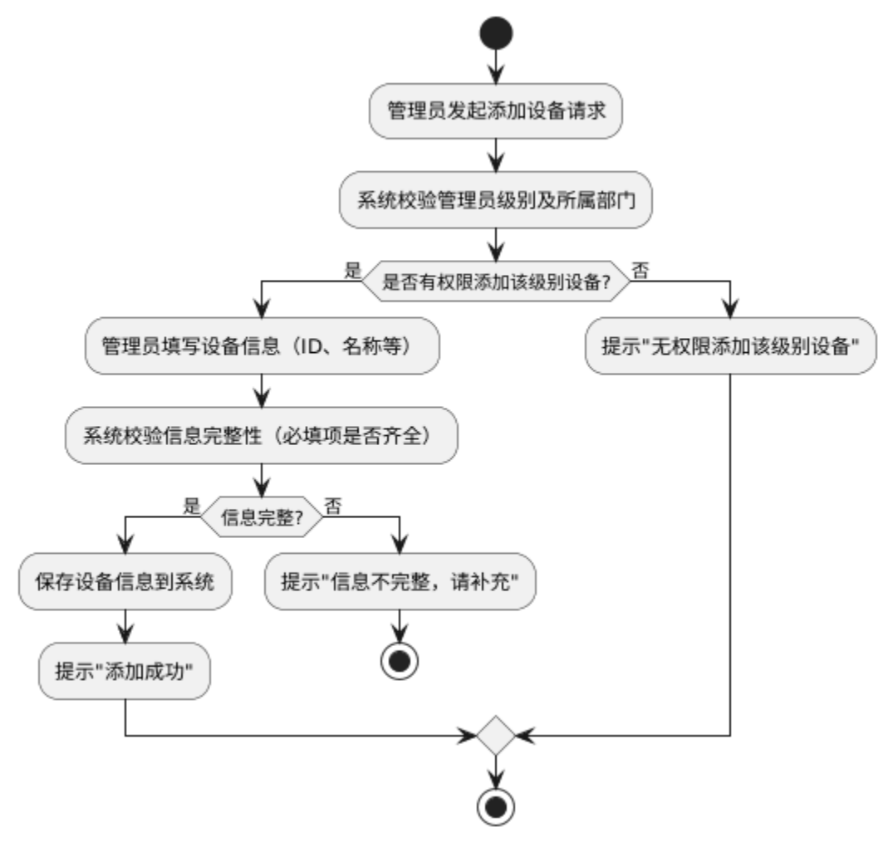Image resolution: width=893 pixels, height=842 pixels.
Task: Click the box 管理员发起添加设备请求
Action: (x=495, y=110)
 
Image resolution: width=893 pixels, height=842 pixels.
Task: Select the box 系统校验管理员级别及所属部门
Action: (x=495, y=200)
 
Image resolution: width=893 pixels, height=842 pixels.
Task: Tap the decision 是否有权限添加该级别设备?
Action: (x=496, y=282)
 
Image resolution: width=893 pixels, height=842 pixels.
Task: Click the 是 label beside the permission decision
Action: (x=352, y=269)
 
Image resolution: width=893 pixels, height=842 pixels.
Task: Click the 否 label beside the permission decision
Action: (x=640, y=269)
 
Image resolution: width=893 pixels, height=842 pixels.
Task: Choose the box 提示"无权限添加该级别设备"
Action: (x=730, y=345)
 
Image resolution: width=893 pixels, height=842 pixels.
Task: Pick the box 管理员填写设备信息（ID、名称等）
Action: (x=262, y=345)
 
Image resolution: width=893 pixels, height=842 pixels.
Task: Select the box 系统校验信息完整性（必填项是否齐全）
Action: (x=262, y=435)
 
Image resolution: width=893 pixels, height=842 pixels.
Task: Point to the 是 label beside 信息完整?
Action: (x=192, y=504)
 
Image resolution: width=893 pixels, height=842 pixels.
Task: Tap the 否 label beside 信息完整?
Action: (x=332, y=504)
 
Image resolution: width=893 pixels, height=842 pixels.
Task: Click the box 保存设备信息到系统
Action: (x=125, y=581)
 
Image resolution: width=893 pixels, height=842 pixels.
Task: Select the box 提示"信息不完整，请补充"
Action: (x=400, y=581)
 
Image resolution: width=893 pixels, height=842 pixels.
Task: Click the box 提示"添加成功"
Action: (x=125, y=670)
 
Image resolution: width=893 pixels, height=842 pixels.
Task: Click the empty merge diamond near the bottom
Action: (x=496, y=735)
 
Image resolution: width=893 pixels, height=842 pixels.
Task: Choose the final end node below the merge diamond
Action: (x=496, y=805)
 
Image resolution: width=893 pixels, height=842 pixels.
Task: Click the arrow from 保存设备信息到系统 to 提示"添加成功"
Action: (x=125, y=625)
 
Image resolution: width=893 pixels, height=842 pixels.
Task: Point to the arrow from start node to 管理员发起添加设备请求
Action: (x=496, y=65)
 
